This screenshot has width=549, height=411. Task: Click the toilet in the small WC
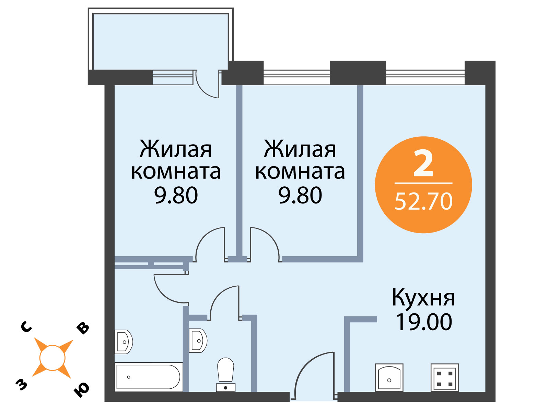pyautogui.click(x=225, y=374)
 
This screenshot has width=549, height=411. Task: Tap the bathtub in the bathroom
pyautogui.click(x=148, y=377)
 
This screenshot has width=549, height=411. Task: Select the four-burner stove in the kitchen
pyautogui.click(x=444, y=377)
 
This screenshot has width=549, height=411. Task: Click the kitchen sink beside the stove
pyautogui.click(x=389, y=377)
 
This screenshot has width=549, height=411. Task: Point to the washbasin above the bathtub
pyautogui.click(x=124, y=342)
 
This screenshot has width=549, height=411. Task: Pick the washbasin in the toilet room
pyautogui.click(x=198, y=341)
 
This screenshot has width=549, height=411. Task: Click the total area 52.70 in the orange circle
pyautogui.click(x=424, y=201)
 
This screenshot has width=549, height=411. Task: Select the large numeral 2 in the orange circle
pyautogui.click(x=423, y=163)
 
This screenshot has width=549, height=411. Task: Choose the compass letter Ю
pyautogui.click(x=82, y=390)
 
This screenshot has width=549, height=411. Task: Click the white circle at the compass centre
pyautogui.click(x=52, y=358)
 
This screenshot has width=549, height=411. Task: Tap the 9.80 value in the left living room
pyautogui.click(x=176, y=195)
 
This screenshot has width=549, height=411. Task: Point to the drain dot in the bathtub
pyautogui.click(x=129, y=377)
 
